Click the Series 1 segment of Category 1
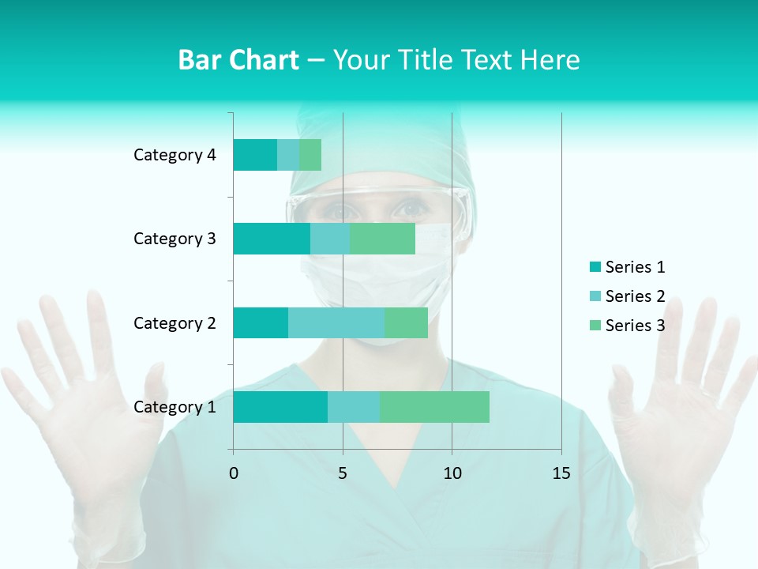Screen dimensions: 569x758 280,407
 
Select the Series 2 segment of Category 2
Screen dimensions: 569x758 336,322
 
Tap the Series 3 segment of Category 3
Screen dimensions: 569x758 382,239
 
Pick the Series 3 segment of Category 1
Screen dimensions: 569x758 434,407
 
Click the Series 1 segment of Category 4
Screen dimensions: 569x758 255,155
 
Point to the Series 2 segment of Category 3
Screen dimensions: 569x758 330,239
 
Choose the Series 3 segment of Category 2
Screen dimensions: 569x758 406,322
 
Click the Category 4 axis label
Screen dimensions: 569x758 174,155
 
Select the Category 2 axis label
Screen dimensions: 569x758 174,322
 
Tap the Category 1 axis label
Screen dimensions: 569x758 174,407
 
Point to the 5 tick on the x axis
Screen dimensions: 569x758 343,473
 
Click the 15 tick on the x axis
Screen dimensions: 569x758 561,473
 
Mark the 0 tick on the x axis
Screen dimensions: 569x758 233,473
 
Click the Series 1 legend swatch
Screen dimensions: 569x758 595,267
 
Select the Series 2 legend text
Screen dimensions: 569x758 635,296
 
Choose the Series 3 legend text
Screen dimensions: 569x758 635,326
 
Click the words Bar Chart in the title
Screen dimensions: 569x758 238,60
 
